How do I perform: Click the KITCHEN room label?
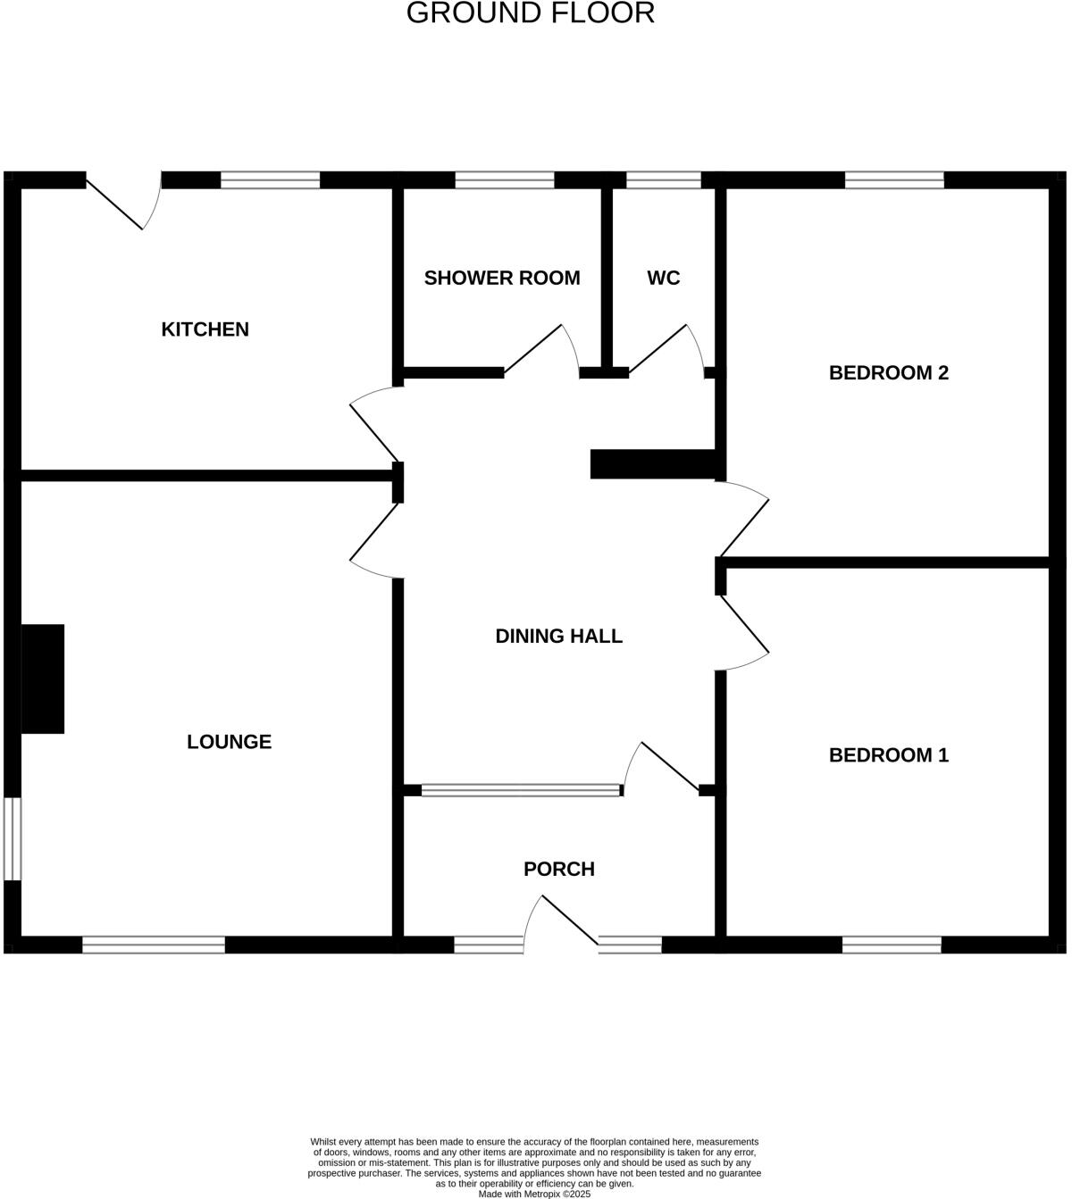pyautogui.click(x=205, y=329)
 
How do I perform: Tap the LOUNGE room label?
pyautogui.click(x=229, y=742)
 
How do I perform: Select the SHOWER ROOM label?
pyautogui.click(x=502, y=279)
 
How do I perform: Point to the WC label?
pyautogui.click(x=664, y=279)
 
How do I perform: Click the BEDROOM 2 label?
pyautogui.click(x=889, y=373)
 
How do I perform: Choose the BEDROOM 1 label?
pyautogui.click(x=889, y=755)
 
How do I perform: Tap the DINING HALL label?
pyautogui.click(x=559, y=637)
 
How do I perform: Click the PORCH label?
pyautogui.click(x=559, y=870)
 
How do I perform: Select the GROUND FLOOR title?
pyautogui.click(x=531, y=13)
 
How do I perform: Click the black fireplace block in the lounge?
pyautogui.click(x=43, y=679)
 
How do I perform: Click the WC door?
pyautogui.click(x=666, y=348)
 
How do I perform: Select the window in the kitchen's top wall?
pyautogui.click(x=270, y=180)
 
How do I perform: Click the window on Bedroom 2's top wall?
pyautogui.click(x=894, y=180)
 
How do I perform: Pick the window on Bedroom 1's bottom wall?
pyautogui.click(x=892, y=945)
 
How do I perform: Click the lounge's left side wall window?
pyautogui.click(x=12, y=839)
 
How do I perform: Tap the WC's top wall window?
pyautogui.click(x=664, y=180)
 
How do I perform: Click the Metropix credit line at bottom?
pyautogui.click(x=534, y=1194)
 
